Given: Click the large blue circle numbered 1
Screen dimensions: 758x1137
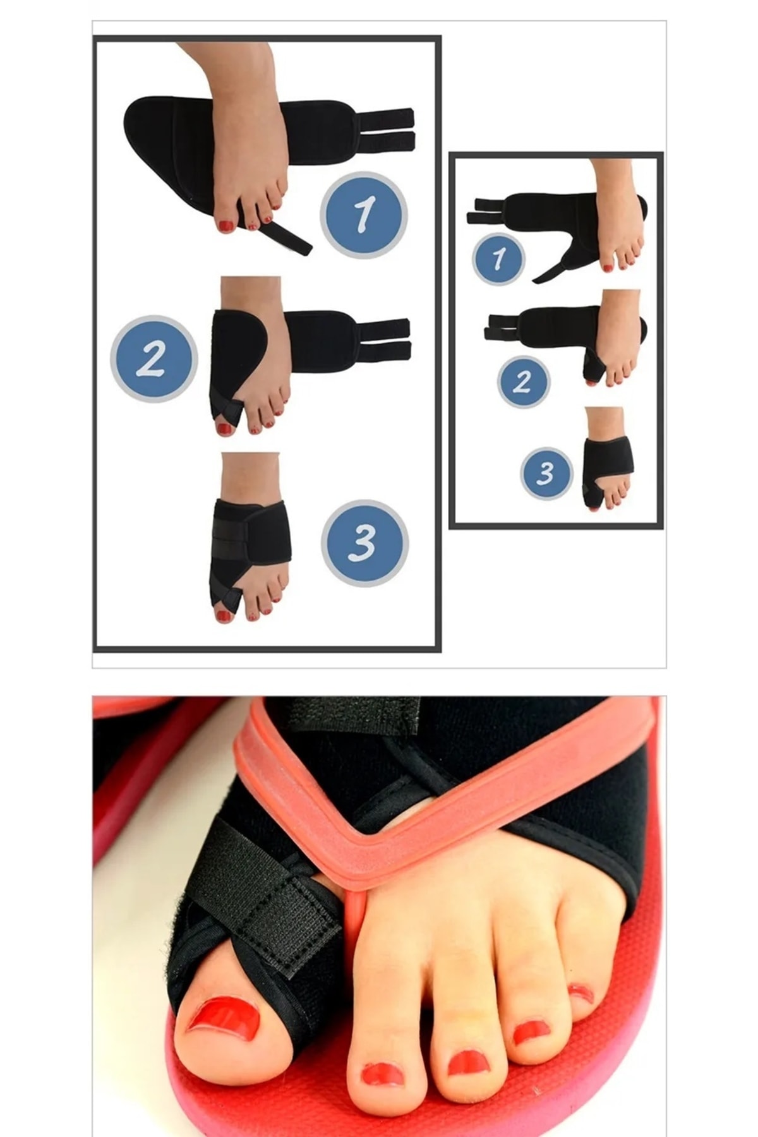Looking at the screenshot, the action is tap(363, 214).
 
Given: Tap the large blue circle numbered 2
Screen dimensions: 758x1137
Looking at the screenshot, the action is tap(153, 358).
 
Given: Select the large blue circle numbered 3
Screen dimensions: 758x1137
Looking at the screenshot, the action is tap(364, 543).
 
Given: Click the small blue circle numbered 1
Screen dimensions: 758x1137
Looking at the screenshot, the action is tap(498, 258).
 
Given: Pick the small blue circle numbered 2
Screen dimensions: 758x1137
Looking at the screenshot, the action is tap(523, 382).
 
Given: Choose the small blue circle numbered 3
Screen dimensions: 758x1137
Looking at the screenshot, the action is tap(546, 473).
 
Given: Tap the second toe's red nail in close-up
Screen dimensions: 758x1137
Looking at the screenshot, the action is tap(382, 1073).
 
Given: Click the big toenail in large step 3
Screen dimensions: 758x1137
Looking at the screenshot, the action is tap(222, 615).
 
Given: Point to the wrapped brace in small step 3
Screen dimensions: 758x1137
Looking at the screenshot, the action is tap(606, 467).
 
